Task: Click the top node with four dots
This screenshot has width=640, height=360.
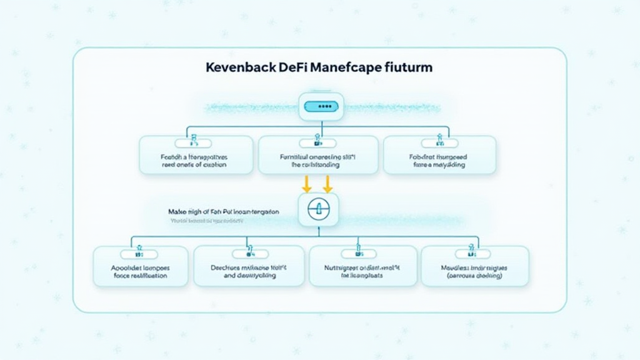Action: click(321, 107)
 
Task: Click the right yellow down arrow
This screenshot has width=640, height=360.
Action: click(327, 183)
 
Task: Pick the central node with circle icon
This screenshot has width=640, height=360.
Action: click(319, 209)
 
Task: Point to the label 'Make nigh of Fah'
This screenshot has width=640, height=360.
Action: click(224, 212)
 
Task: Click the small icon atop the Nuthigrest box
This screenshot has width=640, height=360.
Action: click(359, 254)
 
